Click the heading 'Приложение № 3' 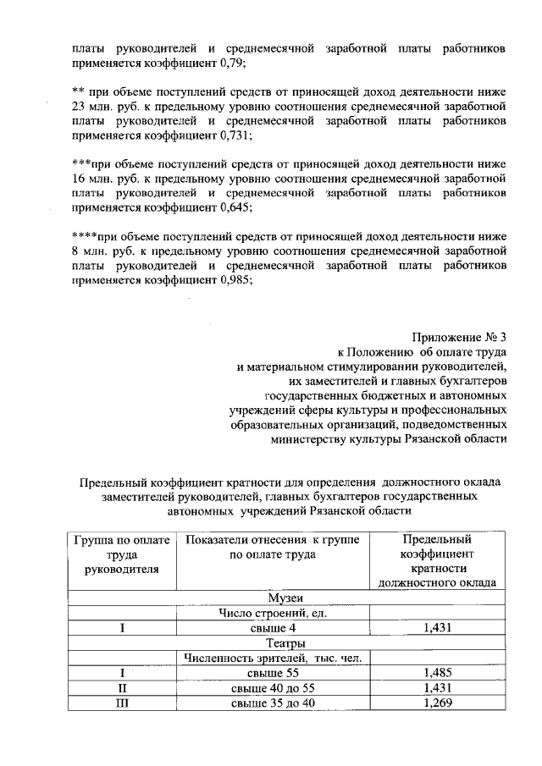tap(460, 337)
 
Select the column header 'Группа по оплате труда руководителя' tap(122, 554)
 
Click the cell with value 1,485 tap(438, 673)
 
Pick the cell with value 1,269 tap(438, 703)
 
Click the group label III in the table tap(122, 703)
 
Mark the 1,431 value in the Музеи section tap(438, 628)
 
